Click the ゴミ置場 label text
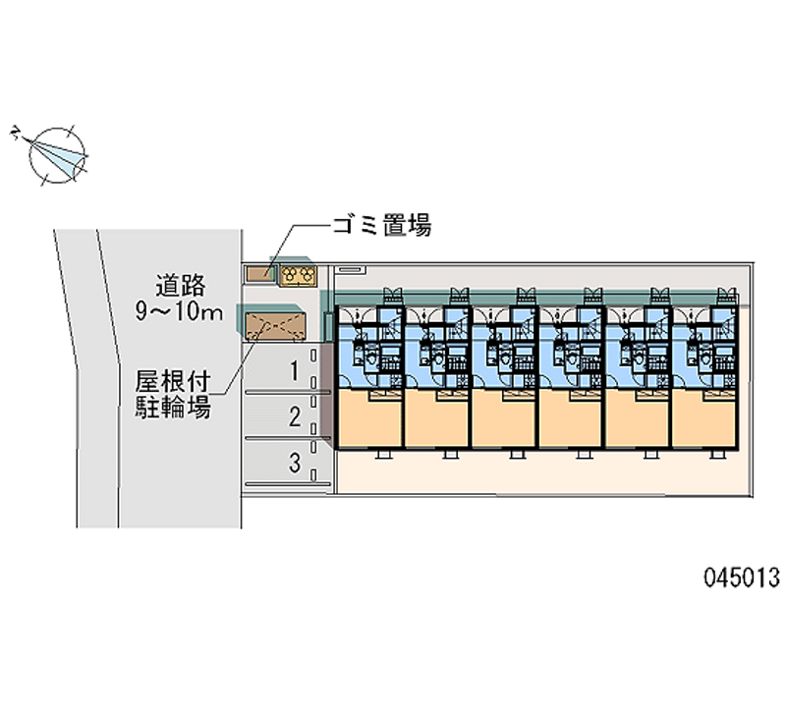pyautogui.click(x=380, y=227)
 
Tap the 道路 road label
pyautogui.click(x=179, y=286)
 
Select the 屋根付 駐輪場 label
pyautogui.click(x=173, y=394)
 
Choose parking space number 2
pyautogui.click(x=294, y=417)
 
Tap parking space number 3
pyautogui.click(x=294, y=463)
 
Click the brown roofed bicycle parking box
pyautogui.click(x=274, y=325)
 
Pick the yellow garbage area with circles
pyautogui.click(x=297, y=274)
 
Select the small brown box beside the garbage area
pyautogui.click(x=260, y=274)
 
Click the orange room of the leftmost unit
pyautogui.click(x=369, y=419)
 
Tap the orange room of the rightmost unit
pyautogui.click(x=705, y=419)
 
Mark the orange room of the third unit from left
pyautogui.click(x=504, y=419)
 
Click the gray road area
pyautogui.click(x=147, y=442)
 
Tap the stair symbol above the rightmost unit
pyautogui.click(x=726, y=294)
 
